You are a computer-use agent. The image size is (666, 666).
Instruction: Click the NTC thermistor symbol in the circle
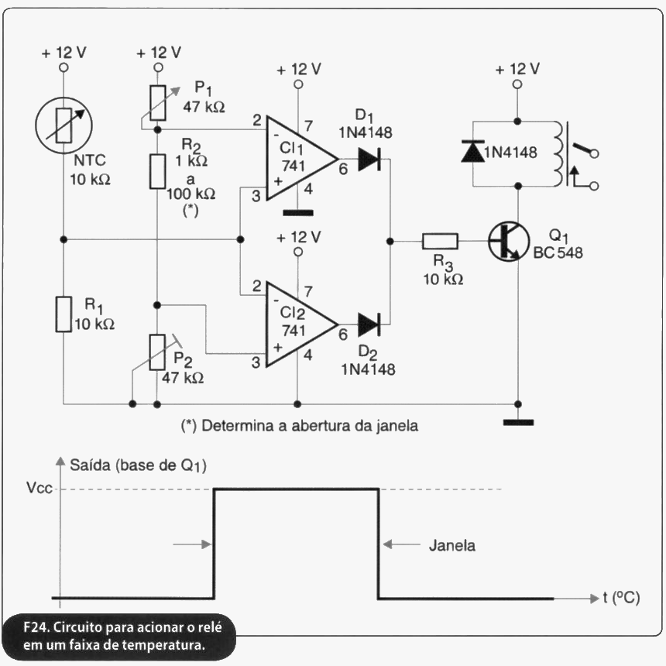(x=64, y=125)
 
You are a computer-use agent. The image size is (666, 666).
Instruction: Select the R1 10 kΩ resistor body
(x=64, y=314)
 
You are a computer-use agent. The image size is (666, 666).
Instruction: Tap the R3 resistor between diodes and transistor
(x=440, y=242)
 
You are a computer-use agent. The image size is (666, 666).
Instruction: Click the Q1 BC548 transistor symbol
(x=509, y=242)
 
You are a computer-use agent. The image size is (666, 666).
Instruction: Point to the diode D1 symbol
(x=369, y=160)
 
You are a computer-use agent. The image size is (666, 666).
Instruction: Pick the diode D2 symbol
(x=369, y=324)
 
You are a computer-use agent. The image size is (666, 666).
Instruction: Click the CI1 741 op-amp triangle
(x=302, y=159)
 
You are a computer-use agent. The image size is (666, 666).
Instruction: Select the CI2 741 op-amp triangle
(x=302, y=324)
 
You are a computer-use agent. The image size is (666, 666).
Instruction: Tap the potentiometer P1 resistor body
(x=157, y=103)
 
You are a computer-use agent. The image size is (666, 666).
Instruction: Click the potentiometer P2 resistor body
(x=157, y=352)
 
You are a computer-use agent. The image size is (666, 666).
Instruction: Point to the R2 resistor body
(x=157, y=172)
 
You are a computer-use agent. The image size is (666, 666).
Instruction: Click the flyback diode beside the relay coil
(x=472, y=151)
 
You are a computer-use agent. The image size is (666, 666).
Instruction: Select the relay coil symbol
(x=560, y=154)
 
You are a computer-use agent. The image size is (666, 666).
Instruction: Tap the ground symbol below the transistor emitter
(x=518, y=423)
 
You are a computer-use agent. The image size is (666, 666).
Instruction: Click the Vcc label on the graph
(x=39, y=488)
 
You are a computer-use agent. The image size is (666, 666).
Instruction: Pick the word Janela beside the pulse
(x=452, y=545)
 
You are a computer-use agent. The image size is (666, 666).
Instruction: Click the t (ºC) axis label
(x=621, y=598)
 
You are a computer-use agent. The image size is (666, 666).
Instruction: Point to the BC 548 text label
(x=558, y=252)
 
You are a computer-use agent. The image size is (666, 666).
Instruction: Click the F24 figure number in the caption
(x=36, y=627)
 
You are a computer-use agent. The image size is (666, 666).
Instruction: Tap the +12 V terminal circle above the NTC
(x=64, y=67)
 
